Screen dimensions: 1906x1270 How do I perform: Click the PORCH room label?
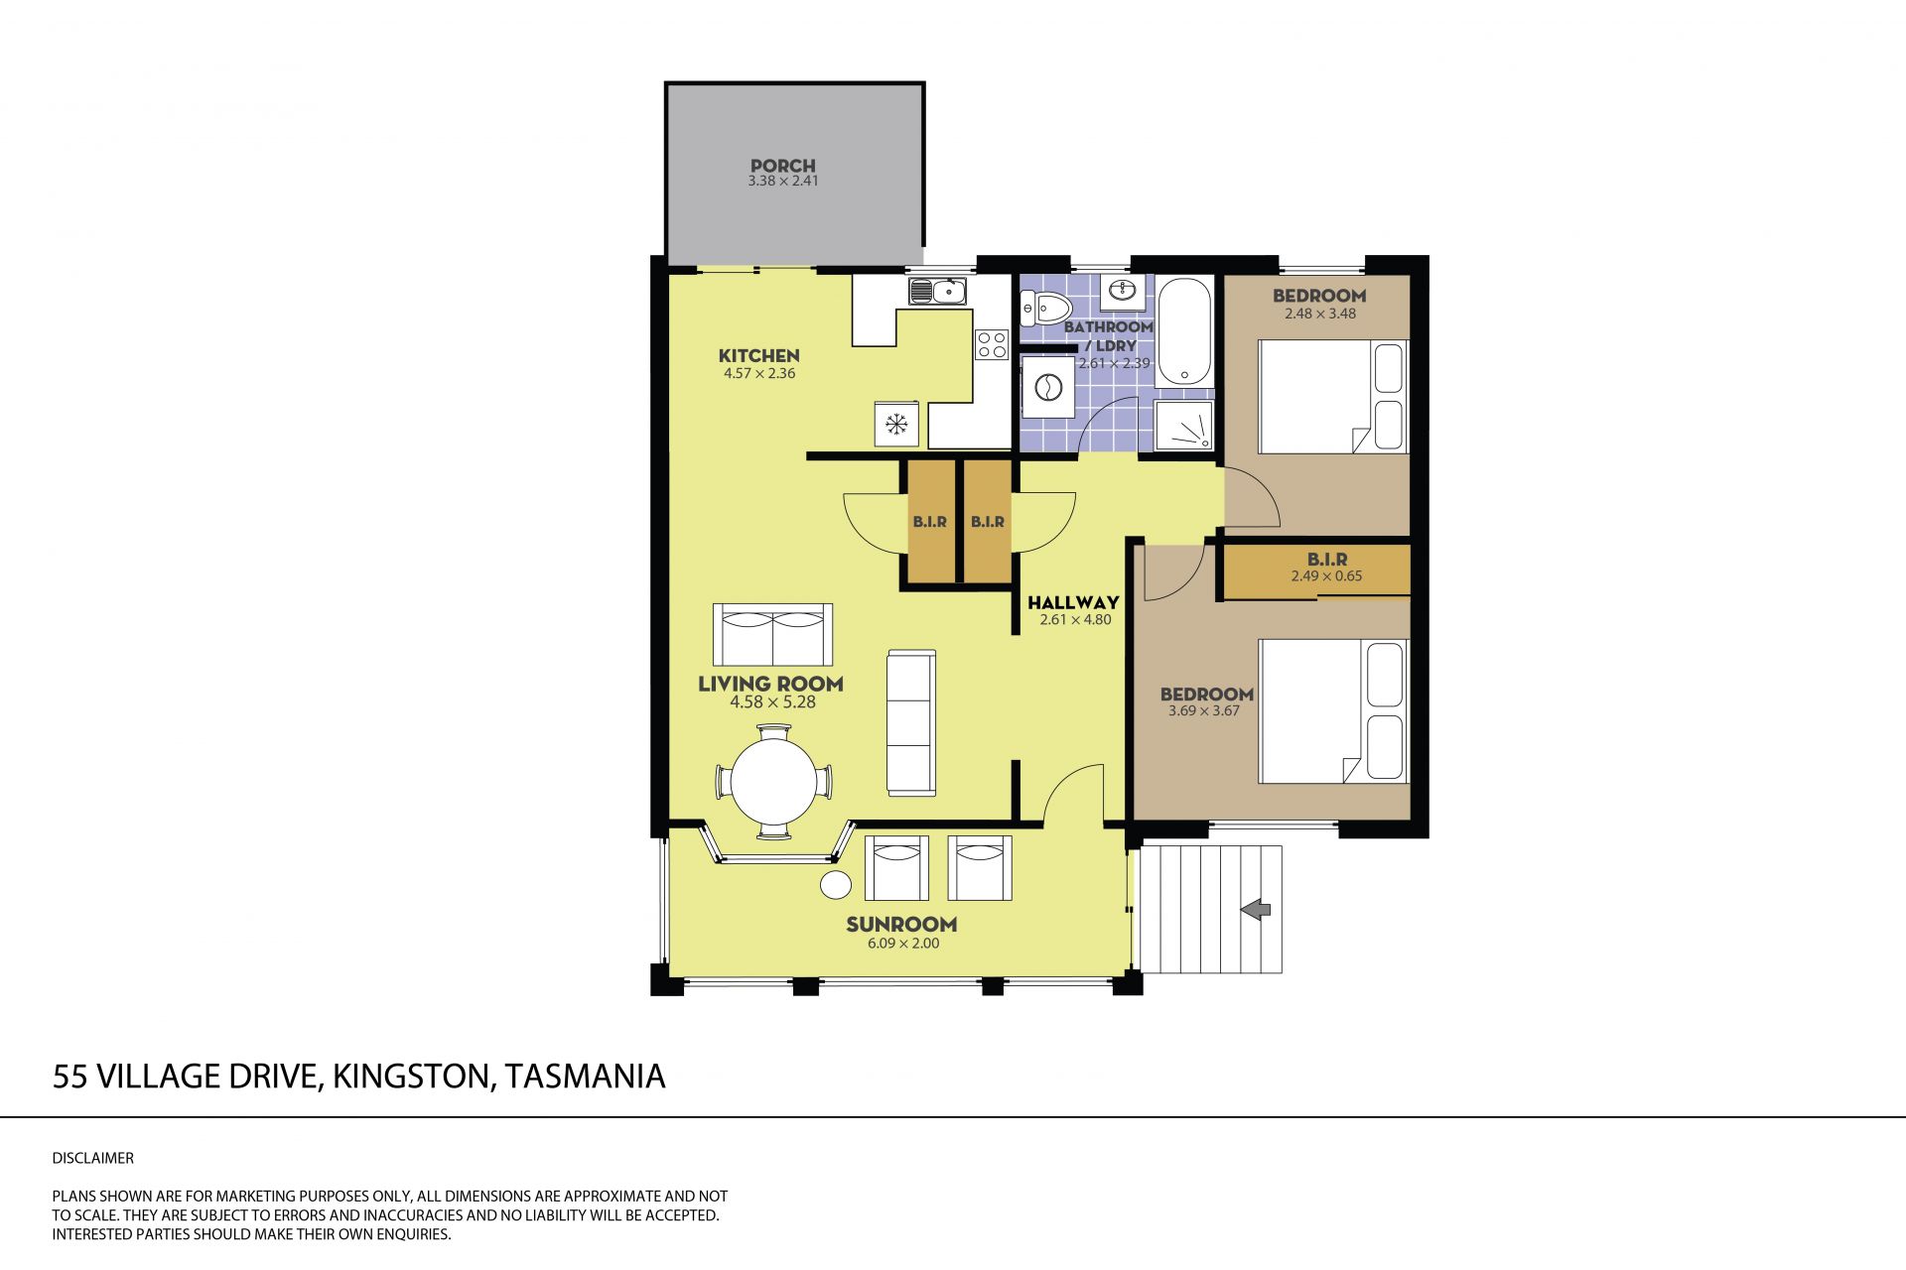[x=783, y=166]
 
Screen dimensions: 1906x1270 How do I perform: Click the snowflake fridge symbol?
[x=202, y=425]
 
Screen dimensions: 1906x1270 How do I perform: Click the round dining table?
[x=773, y=782]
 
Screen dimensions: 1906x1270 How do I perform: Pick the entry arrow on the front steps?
[x=1257, y=908]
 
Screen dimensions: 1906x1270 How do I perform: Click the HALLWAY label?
[x=1073, y=602]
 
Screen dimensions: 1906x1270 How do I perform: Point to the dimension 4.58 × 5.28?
[x=772, y=702]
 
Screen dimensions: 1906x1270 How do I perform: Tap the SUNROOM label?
[x=901, y=925]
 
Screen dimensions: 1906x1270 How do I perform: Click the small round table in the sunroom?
[x=835, y=884]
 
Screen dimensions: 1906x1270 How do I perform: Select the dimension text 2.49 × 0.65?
[x=1326, y=576]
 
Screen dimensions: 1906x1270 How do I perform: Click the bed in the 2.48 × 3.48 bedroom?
[x=1333, y=397]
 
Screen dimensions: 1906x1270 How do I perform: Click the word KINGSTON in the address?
[x=411, y=1077]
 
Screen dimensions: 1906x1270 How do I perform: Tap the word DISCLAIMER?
[x=92, y=1158]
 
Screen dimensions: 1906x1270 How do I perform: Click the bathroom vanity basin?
[x=1125, y=291]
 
